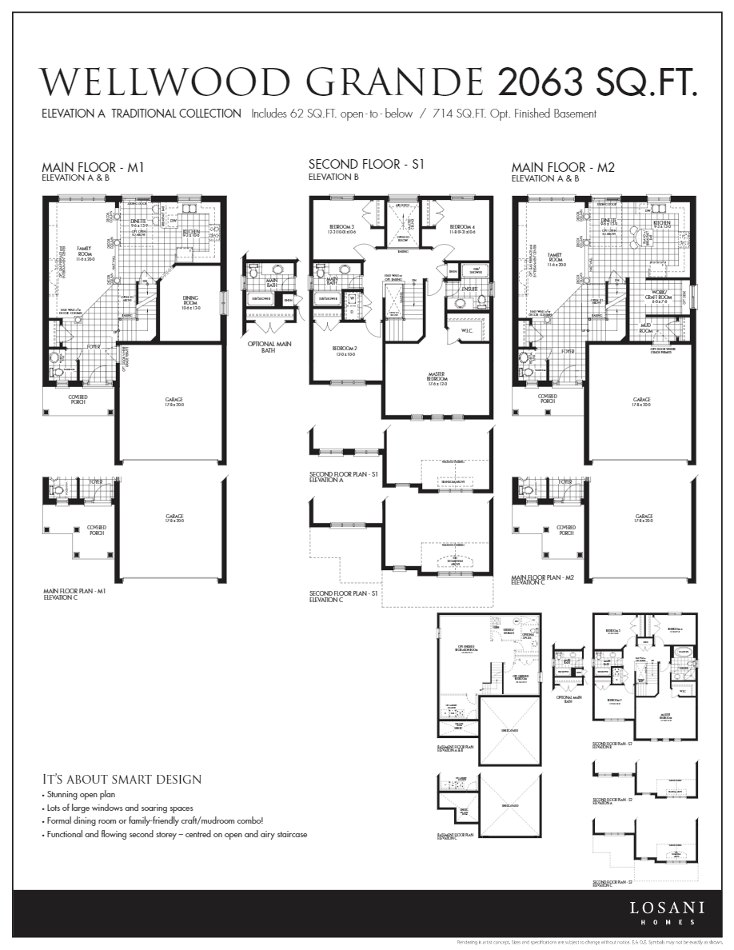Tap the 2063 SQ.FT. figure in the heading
coord(596,82)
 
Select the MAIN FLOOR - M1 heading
coord(92,167)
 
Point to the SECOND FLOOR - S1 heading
coord(365,164)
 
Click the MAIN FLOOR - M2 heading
coord(563,167)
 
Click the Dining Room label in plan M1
coord(189,303)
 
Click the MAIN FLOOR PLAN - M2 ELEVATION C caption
coord(543,579)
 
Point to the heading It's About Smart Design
coord(122,779)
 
